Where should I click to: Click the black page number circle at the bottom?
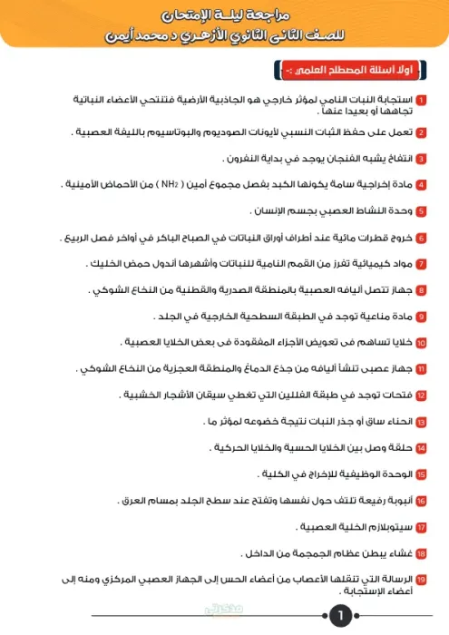(340, 617)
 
